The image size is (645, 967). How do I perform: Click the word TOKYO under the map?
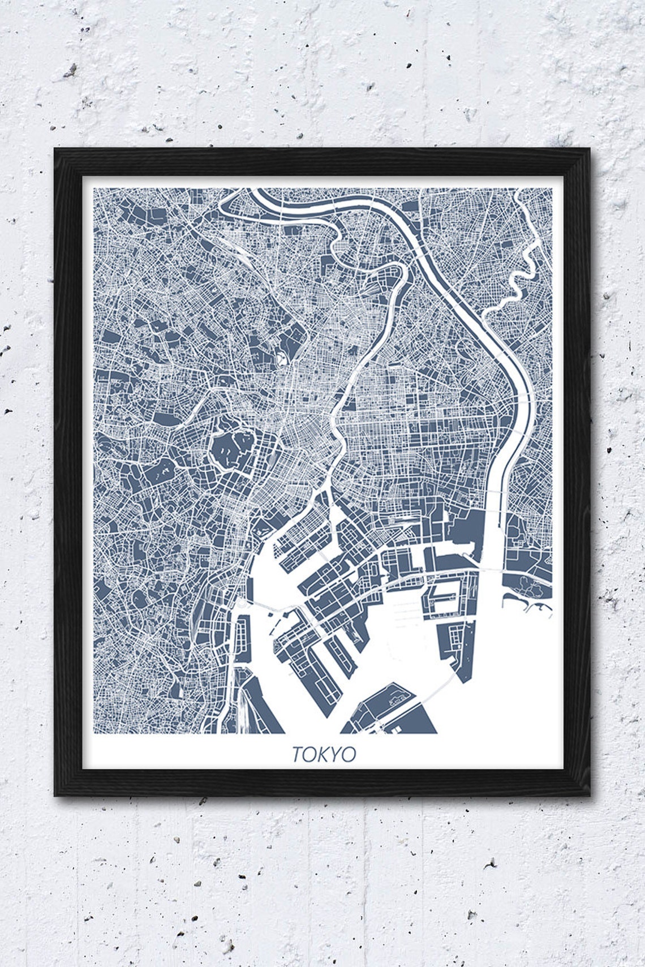324,754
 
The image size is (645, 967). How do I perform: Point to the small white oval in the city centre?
281,359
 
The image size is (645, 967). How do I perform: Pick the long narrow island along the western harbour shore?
242,639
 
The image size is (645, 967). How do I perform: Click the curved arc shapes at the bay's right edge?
537,608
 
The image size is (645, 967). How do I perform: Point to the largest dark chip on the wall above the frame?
70,71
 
